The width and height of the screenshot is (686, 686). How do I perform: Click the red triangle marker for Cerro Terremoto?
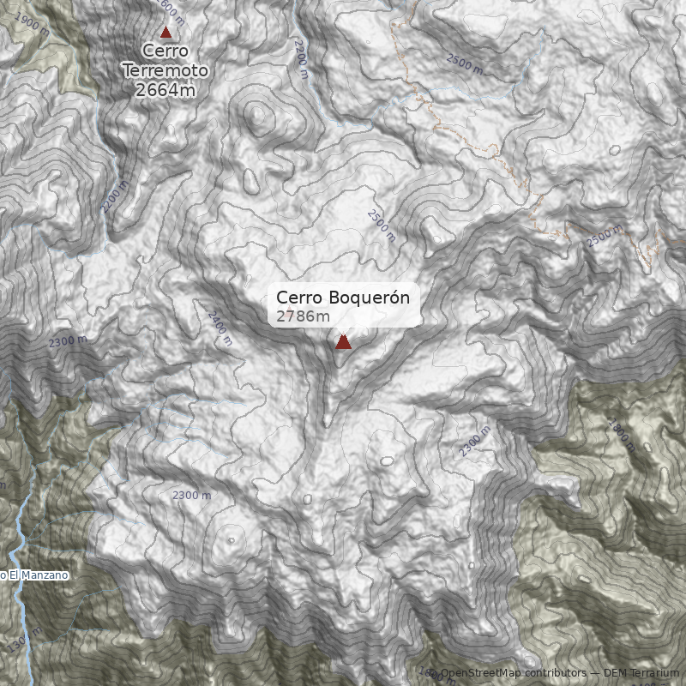point(166,33)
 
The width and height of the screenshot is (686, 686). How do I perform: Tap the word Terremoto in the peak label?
point(166,69)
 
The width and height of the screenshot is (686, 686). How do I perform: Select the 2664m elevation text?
point(166,88)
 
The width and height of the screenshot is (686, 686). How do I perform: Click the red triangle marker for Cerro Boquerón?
point(343,342)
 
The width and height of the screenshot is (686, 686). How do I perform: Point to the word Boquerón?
point(370,298)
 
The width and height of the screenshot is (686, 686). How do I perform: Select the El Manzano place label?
point(38,575)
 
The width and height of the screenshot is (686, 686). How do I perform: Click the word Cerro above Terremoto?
point(165,51)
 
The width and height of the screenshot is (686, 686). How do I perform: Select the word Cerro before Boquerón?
point(299,298)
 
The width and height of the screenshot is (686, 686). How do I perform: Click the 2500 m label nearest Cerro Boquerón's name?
point(381,226)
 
